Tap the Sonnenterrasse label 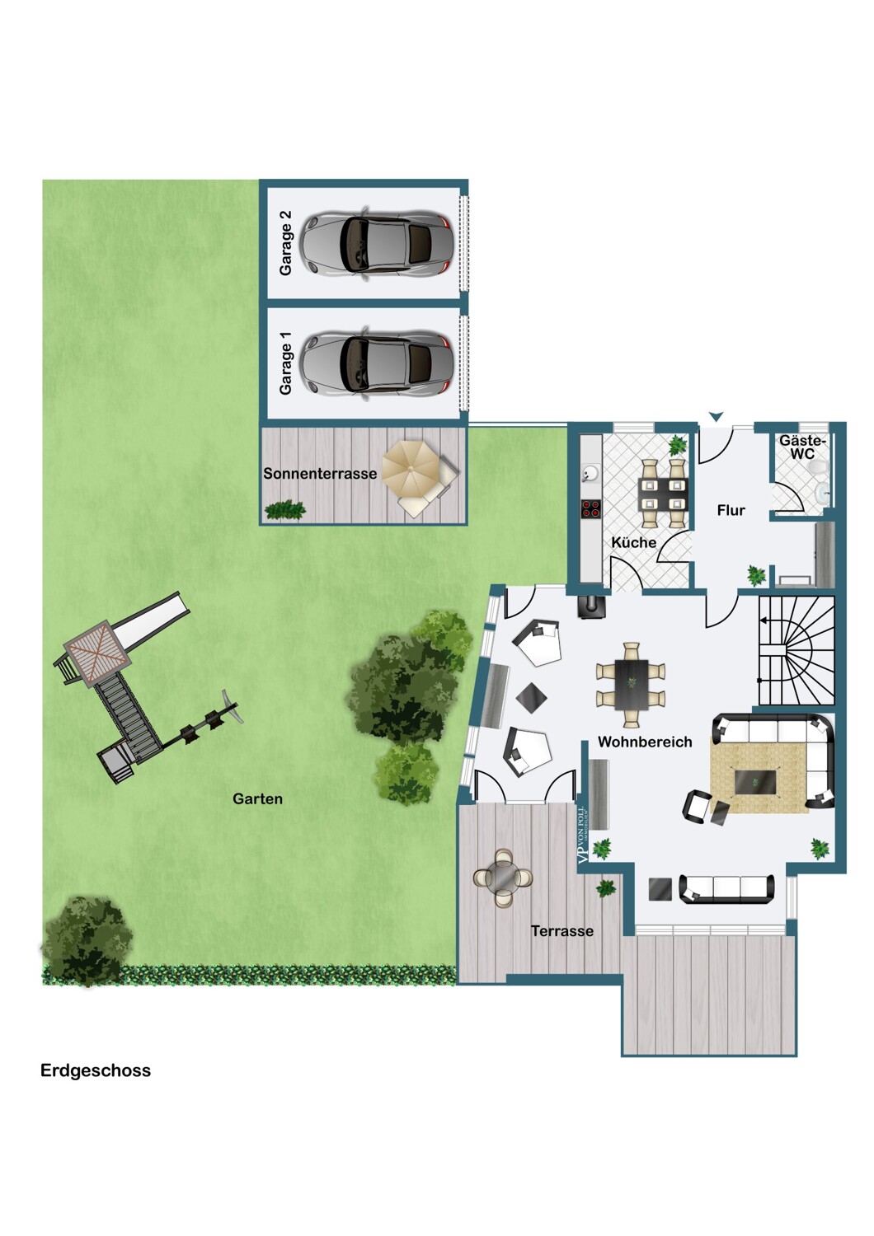pyautogui.click(x=320, y=474)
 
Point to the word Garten pyautogui.click(x=257, y=798)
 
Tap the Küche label pyautogui.click(x=633, y=542)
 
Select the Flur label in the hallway pyautogui.click(x=731, y=510)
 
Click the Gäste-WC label pyautogui.click(x=803, y=447)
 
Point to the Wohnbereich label pyautogui.click(x=645, y=742)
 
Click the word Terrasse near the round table pyautogui.click(x=562, y=931)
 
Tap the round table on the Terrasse pyautogui.click(x=503, y=877)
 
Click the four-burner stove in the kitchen pyautogui.click(x=591, y=508)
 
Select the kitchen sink pyautogui.click(x=590, y=473)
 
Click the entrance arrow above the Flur pyautogui.click(x=716, y=417)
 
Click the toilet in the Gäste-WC pyautogui.click(x=815, y=469)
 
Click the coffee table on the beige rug pyautogui.click(x=755, y=782)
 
